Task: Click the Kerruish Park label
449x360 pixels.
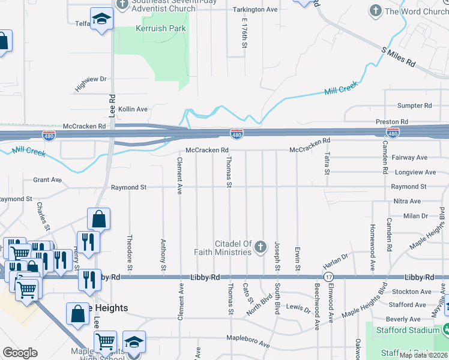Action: (x=160, y=28)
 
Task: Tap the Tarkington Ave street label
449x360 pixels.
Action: (x=255, y=10)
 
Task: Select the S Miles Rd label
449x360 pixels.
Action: (x=399, y=55)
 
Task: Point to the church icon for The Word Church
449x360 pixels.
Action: (x=376, y=11)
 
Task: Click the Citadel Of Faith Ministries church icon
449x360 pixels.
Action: (x=261, y=247)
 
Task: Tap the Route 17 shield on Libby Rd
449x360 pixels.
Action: (x=328, y=277)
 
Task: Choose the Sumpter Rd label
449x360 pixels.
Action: (x=415, y=106)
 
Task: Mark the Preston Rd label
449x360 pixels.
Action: (x=392, y=122)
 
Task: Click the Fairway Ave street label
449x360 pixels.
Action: (x=409, y=158)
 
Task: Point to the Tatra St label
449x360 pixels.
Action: (x=327, y=163)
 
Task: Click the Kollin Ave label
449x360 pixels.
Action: (x=133, y=109)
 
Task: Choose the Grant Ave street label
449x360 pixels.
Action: (x=47, y=179)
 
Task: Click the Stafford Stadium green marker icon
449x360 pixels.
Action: (x=445, y=329)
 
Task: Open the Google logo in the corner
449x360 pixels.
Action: (x=20, y=353)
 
